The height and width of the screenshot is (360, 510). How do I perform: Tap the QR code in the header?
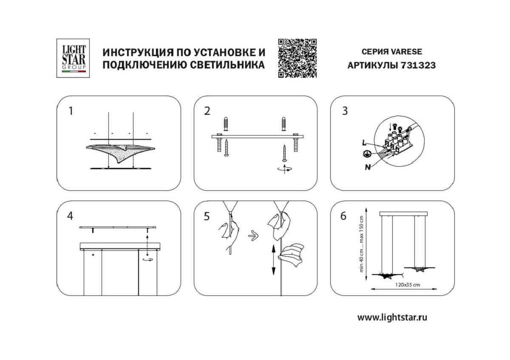[x=297, y=58]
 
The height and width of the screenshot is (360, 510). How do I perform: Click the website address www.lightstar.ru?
[x=392, y=317]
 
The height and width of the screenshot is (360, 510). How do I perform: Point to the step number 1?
[x=71, y=111]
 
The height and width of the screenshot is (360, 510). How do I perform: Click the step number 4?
[x=70, y=216]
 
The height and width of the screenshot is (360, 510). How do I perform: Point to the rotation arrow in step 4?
[x=148, y=259]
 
